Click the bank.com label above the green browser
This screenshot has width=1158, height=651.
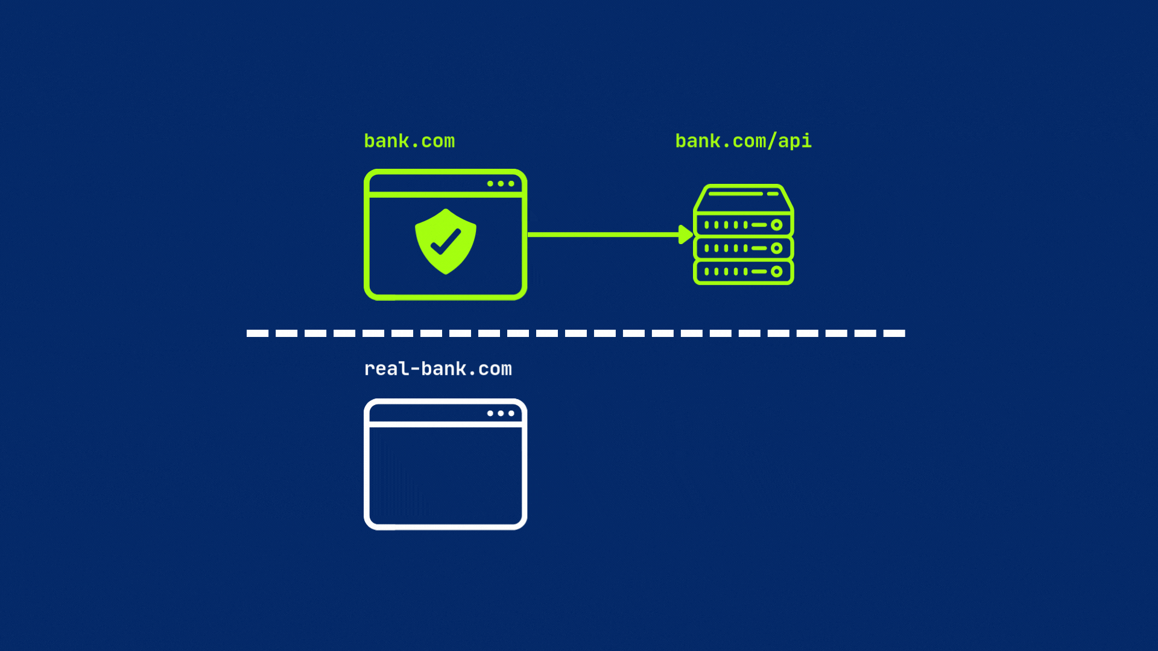[410, 141]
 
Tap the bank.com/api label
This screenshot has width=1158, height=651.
[743, 141]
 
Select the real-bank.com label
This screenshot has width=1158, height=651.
[438, 368]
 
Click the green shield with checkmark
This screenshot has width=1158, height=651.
[446, 241]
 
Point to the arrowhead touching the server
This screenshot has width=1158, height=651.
[686, 234]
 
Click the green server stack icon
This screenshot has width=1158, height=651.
[744, 234]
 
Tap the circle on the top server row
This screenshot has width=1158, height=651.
[777, 225]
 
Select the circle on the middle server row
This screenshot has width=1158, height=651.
[777, 248]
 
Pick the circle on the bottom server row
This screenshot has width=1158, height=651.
[777, 271]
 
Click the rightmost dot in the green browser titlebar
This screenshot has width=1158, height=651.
[511, 184]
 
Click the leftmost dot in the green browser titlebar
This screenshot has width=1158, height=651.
[490, 184]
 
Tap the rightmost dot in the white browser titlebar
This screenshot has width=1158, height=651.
[511, 414]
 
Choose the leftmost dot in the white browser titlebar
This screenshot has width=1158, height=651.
[490, 414]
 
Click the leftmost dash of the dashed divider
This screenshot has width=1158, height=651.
[258, 333]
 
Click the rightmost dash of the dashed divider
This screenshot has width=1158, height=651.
[894, 333]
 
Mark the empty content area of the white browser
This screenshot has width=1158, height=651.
[446, 476]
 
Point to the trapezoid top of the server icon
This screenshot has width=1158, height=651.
[744, 198]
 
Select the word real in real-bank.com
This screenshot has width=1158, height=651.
[386, 368]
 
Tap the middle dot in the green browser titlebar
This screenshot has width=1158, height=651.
[501, 184]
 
